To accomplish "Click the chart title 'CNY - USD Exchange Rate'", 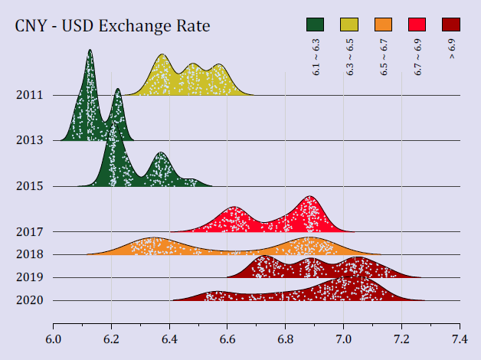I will coord(113,27).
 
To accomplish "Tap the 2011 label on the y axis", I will coord(28,96).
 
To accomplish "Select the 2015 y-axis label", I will coord(28,186).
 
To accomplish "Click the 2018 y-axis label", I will coord(28,254).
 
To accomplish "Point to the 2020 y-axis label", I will coord(28,300).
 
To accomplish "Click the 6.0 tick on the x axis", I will coord(54,337).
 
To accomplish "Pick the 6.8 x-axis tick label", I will coord(286,337).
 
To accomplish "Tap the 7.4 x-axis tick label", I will coord(460,337).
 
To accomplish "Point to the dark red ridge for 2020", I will coord(345,291).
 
